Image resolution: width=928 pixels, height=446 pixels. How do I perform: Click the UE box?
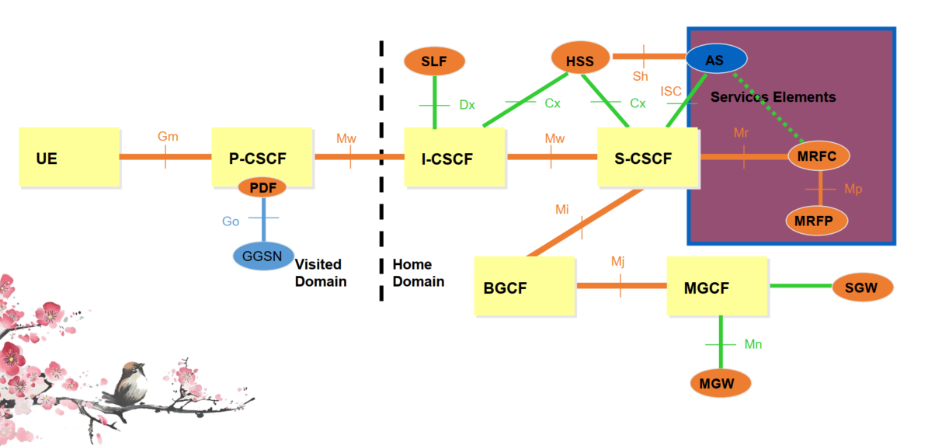pos(69,158)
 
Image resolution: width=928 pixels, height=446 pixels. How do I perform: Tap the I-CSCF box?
pos(454,158)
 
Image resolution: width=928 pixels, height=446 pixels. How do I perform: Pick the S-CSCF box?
pos(648,158)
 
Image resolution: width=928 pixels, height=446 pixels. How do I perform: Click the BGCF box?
pos(524,286)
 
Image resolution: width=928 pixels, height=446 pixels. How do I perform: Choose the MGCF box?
pos(718,286)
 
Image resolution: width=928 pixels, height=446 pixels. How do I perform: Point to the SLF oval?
pos(435,61)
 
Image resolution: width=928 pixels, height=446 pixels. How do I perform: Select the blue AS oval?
pos(715,58)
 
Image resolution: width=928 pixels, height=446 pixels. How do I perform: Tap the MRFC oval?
pos(819,156)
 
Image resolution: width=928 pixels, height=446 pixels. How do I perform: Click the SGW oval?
pos(862,287)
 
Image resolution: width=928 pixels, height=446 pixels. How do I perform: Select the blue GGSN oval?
pos(263,256)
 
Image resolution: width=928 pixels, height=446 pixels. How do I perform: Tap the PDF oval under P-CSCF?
pos(262,187)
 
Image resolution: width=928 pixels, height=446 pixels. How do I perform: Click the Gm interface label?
pos(168,137)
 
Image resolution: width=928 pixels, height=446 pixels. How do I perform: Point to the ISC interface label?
pos(671,92)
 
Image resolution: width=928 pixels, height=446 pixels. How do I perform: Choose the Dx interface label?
pos(467,105)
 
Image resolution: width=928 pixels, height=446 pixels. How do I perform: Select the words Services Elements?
pos(773,97)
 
